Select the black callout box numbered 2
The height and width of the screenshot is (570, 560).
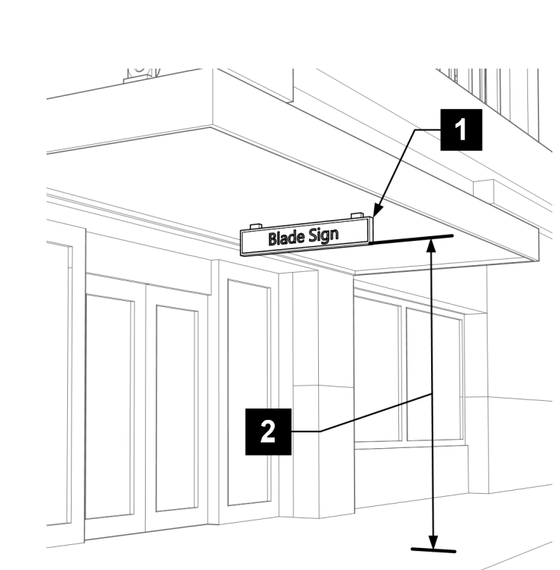click(x=268, y=431)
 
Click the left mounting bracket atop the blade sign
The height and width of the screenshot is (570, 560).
click(x=255, y=226)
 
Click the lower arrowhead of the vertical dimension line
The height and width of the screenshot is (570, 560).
click(x=433, y=542)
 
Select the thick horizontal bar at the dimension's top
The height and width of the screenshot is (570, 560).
click(x=412, y=239)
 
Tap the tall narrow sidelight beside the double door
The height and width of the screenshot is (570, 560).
click(x=248, y=392)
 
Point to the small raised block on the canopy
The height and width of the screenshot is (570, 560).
click(x=484, y=187)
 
